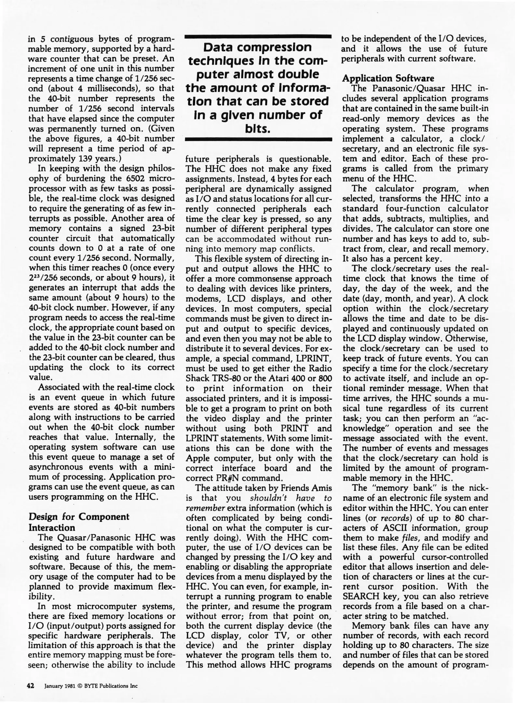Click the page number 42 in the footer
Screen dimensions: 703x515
click(x=30, y=685)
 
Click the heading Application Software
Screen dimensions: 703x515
click(x=388, y=78)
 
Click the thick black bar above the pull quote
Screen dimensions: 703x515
click(x=258, y=37)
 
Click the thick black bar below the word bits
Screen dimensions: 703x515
click(x=258, y=140)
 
